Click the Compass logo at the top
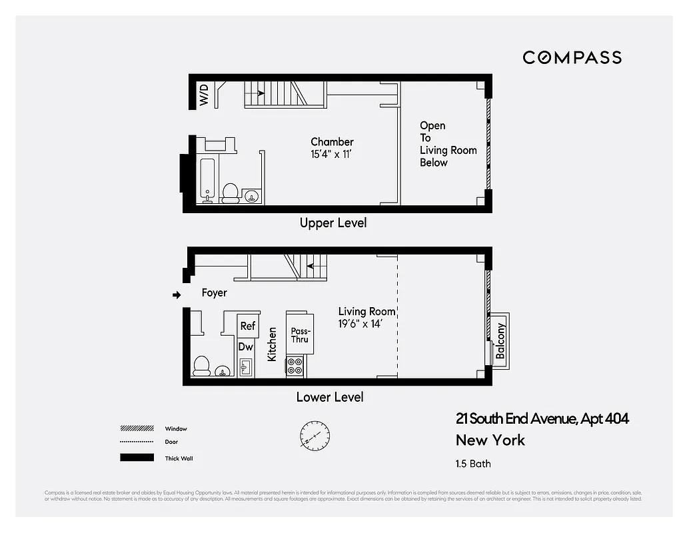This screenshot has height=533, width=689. point(572,57)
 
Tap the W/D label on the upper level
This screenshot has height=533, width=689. point(204,95)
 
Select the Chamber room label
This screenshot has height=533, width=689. point(332,142)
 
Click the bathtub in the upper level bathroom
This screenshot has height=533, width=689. point(207,179)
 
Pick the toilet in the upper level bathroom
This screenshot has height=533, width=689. point(231,192)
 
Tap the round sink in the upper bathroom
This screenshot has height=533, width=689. point(251,195)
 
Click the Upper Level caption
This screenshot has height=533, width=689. point(333,223)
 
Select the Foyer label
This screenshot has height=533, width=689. point(214,292)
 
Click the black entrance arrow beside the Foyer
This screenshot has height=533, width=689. point(177,294)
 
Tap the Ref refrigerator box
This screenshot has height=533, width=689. point(248,326)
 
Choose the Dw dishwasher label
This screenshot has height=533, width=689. point(245,346)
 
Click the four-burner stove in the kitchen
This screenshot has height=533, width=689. point(295,366)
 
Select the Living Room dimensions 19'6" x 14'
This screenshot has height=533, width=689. point(364,324)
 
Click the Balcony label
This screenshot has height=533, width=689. point(500,340)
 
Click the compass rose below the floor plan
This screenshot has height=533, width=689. point(314,434)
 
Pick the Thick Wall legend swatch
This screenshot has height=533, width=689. point(137,458)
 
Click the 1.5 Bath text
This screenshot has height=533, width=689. point(473,464)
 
